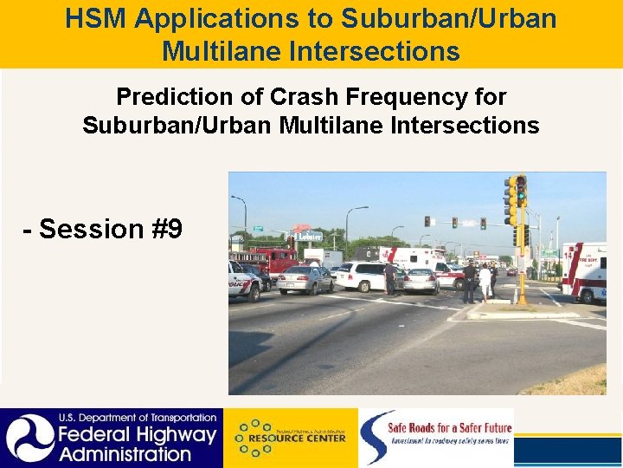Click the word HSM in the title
pos(94,18)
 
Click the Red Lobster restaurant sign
pos(304,235)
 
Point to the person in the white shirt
pos(485,282)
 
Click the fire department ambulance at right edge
pos(585,270)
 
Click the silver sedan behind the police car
pos(305,279)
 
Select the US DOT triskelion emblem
pos(28,438)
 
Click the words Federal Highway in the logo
pos(136,435)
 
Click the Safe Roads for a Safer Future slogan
pos(450,427)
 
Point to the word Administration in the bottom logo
pos(125,453)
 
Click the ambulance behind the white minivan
pos(407,258)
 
